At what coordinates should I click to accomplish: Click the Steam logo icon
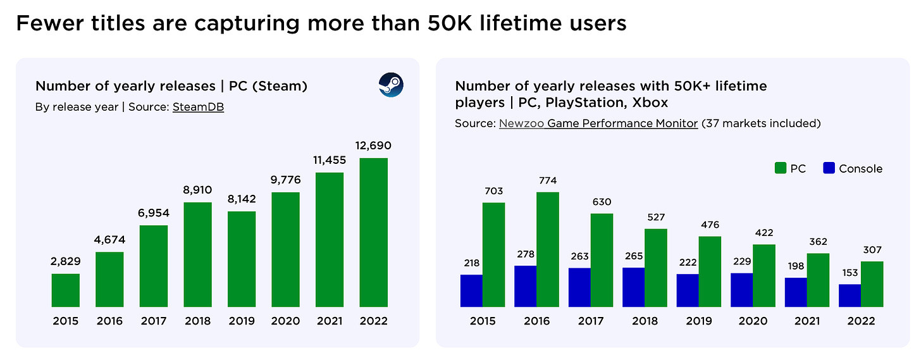pyautogui.click(x=391, y=85)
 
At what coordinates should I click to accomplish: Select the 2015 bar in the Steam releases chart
pyautogui.click(x=66, y=290)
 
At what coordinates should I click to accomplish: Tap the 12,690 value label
pyautogui.click(x=373, y=146)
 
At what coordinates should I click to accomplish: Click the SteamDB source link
pyautogui.click(x=198, y=107)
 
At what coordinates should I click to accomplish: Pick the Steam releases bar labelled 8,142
pyautogui.click(x=242, y=259)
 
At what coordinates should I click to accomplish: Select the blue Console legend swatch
pyautogui.click(x=830, y=168)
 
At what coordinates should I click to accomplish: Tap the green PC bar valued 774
pyautogui.click(x=548, y=250)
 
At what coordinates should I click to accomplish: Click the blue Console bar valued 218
pyautogui.click(x=471, y=291)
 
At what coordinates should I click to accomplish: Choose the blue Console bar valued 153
pyautogui.click(x=850, y=296)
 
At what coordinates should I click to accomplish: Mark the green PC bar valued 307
pyautogui.click(x=872, y=285)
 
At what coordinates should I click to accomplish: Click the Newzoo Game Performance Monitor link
pyautogui.click(x=598, y=123)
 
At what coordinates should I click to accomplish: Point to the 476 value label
pyautogui.click(x=710, y=225)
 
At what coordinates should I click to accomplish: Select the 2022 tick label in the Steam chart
pyautogui.click(x=373, y=321)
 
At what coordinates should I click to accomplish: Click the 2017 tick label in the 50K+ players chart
pyautogui.click(x=591, y=321)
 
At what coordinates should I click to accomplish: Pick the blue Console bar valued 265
pyautogui.click(x=634, y=288)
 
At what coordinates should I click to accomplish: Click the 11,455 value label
pyautogui.click(x=330, y=161)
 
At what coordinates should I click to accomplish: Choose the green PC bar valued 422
pyautogui.click(x=764, y=276)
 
